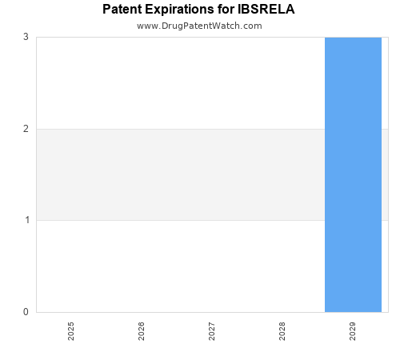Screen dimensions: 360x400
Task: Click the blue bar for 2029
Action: click(353, 174)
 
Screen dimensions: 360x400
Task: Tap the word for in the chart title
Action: click(233, 10)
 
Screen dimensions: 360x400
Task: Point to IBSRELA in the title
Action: click(271, 10)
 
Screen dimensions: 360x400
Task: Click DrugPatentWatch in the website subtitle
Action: click(199, 26)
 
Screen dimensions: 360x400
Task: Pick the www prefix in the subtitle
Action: click(146, 26)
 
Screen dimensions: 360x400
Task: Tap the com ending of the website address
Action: click(253, 26)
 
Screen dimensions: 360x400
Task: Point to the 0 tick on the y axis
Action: click(26, 312)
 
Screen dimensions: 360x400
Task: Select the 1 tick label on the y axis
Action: click(26, 220)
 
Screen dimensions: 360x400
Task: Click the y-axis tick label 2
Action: click(26, 129)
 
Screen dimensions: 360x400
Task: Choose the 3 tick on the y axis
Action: click(26, 37)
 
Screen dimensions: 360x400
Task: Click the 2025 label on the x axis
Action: click(71, 331)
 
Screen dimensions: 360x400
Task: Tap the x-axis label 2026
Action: click(142, 331)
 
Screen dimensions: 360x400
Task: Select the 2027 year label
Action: click(212, 331)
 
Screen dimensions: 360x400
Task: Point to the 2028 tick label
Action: click(282, 331)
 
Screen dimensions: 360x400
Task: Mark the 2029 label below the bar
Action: click(353, 331)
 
